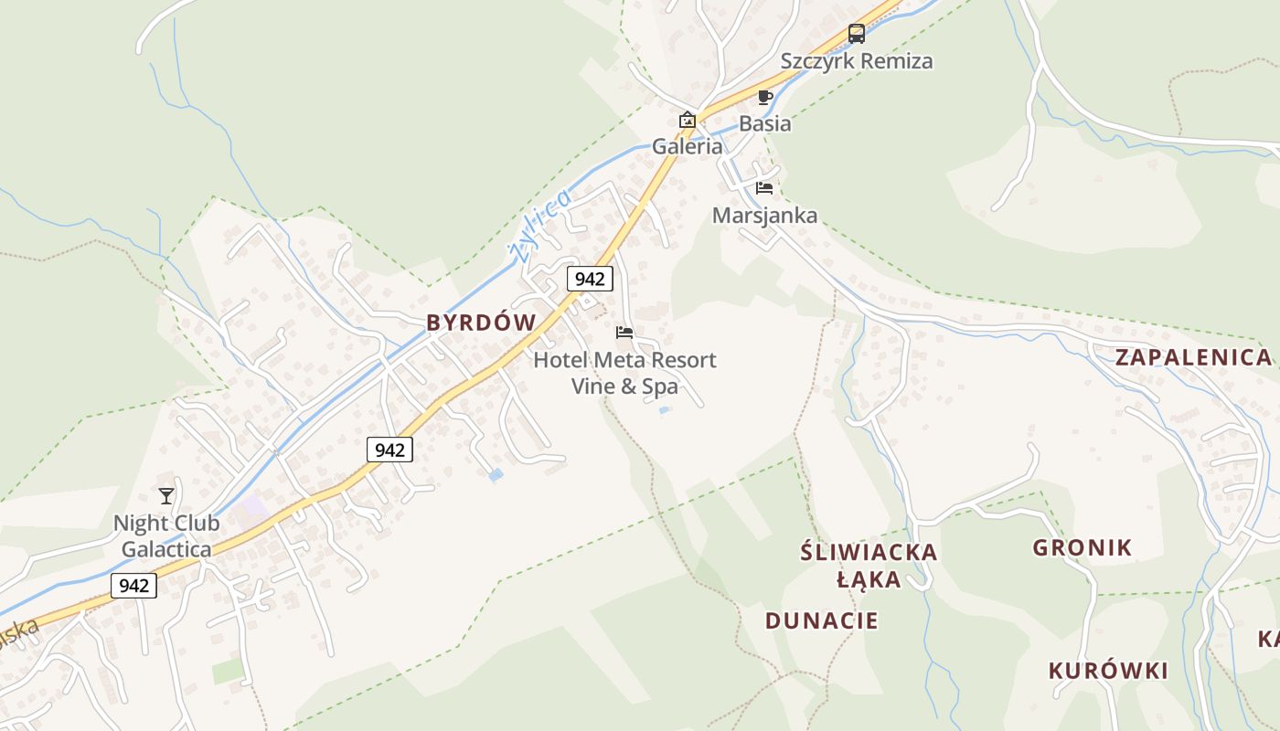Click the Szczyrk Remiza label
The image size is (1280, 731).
(x=857, y=61)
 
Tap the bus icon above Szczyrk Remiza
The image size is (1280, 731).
(x=857, y=34)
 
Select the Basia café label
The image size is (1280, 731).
(x=764, y=123)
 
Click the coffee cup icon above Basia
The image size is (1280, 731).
(x=765, y=97)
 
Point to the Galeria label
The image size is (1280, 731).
(x=687, y=146)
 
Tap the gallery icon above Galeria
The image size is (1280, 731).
(x=687, y=120)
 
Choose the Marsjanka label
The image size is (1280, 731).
(x=764, y=216)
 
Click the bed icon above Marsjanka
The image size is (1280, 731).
(x=764, y=188)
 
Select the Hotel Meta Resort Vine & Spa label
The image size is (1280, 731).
(x=624, y=373)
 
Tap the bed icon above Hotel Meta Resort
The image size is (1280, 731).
(x=624, y=333)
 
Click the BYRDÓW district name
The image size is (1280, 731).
(x=481, y=323)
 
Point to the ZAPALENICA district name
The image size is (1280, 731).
(x=1193, y=357)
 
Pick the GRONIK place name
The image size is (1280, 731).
(x=1083, y=548)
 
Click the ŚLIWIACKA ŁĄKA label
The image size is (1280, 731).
(x=869, y=566)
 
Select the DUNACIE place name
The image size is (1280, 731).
(x=821, y=621)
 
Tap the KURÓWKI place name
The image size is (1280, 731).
(x=1108, y=671)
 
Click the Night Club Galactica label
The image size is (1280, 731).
(x=166, y=536)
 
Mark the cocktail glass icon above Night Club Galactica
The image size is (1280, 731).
(x=165, y=496)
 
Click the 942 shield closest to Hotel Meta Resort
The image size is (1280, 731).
(x=590, y=279)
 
